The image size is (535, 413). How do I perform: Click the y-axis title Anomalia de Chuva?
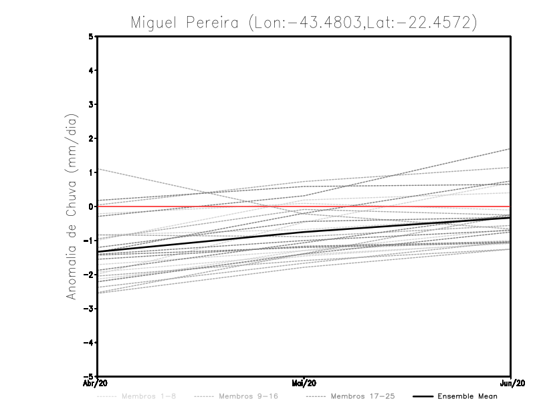coord(70,206)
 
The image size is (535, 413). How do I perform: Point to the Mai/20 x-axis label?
coord(304,384)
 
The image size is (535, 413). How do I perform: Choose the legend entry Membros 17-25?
coord(362,396)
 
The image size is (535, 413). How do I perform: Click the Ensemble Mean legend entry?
coord(467,396)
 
